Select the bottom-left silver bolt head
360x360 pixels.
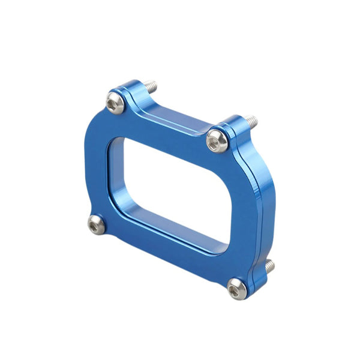pyautogui.click(x=95, y=225)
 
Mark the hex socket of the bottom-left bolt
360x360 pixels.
pyautogui.click(x=95, y=225)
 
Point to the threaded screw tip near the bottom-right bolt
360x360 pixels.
pyautogui.click(x=269, y=265)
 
